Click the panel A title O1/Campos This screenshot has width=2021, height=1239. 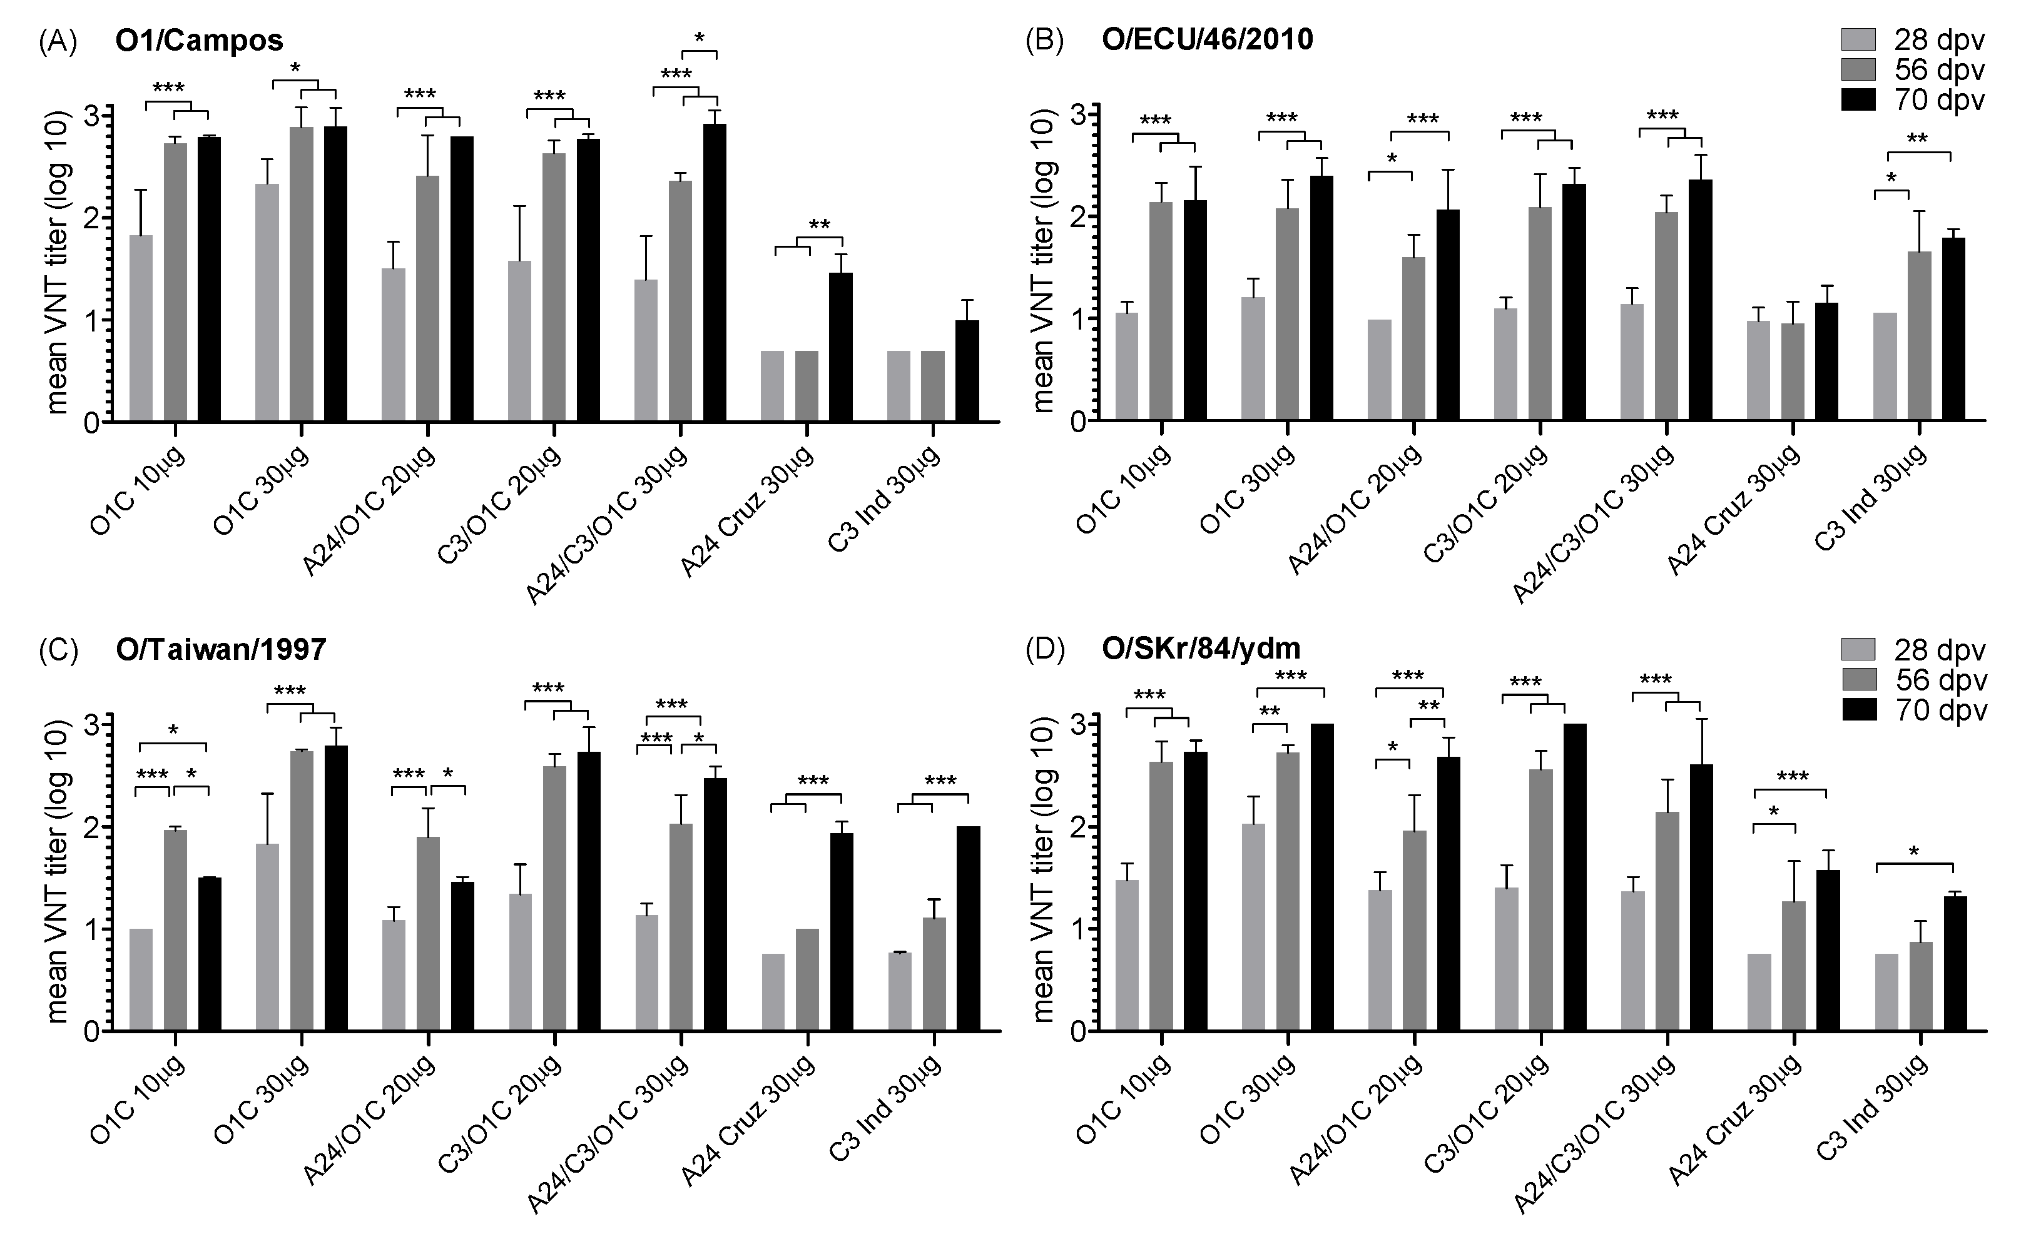tap(200, 40)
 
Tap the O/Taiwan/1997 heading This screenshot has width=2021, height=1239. tap(221, 649)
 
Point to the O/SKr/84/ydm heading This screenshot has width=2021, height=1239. tap(1201, 649)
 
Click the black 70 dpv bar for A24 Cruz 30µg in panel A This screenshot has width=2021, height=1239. tap(841, 348)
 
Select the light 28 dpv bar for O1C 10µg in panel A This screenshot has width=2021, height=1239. tap(140, 328)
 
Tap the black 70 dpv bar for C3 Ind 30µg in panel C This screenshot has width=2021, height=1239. tap(969, 928)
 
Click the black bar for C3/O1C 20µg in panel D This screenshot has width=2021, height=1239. tap(1575, 877)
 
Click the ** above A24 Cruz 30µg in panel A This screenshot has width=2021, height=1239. tap(820, 225)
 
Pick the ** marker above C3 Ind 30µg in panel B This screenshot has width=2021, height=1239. tap(1917, 139)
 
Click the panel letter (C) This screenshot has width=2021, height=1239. tap(58, 649)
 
